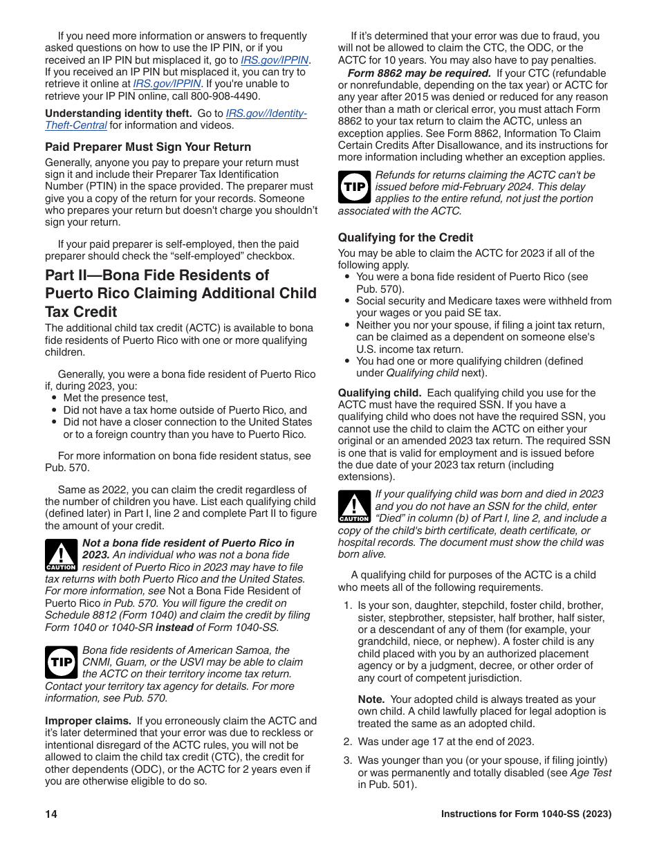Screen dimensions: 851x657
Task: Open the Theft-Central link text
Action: [76, 125]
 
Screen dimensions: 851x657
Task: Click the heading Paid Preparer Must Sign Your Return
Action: [148, 147]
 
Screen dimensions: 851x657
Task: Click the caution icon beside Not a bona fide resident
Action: [61, 555]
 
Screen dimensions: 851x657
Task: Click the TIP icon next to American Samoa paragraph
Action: [61, 662]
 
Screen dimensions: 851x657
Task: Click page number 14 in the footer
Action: [51, 814]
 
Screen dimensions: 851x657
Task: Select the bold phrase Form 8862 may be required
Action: [419, 73]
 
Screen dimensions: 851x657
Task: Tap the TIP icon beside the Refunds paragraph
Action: [354, 187]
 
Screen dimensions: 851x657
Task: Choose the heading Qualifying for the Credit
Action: [405, 237]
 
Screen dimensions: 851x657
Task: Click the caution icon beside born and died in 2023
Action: [354, 506]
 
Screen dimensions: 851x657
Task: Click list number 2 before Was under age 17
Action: [349, 741]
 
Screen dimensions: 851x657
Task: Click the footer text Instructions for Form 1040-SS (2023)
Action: [526, 814]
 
